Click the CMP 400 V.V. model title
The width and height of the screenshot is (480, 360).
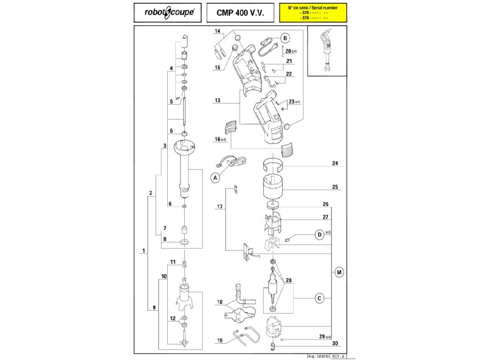pos(238,13)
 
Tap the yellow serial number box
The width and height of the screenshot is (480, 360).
pos(313,13)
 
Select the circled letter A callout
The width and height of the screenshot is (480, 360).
pos(215,177)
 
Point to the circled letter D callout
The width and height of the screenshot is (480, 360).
pos(319,235)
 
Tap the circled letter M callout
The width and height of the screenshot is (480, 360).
pos(338,272)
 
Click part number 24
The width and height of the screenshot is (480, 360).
pos(335,164)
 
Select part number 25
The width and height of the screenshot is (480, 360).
pos(335,187)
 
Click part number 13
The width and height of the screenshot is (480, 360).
pos(217,100)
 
